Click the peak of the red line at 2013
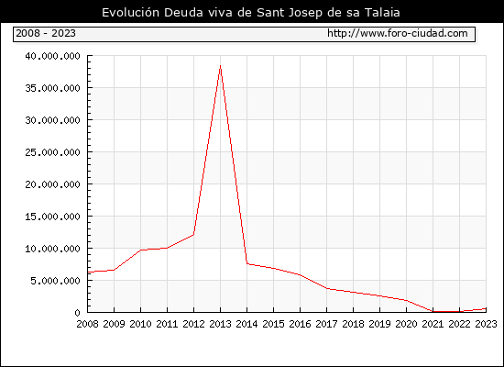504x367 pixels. [220, 66]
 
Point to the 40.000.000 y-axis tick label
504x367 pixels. [53, 56]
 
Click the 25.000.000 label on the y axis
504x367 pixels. [53, 152]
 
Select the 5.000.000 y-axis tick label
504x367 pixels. [55, 281]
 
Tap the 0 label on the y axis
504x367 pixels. [77, 313]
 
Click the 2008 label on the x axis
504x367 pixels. [87, 324]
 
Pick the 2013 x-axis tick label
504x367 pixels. [220, 324]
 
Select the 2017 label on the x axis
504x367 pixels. [326, 324]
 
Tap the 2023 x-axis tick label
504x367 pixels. [486, 324]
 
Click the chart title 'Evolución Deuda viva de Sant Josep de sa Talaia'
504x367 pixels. [251, 13]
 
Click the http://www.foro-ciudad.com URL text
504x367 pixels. [398, 33]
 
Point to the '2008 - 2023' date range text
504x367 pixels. [46, 33]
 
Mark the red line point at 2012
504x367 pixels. [193, 235]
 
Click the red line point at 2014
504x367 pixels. [247, 263]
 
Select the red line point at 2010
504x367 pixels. [140, 250]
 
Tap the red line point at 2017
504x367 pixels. [326, 288]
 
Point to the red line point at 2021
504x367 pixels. [433, 311]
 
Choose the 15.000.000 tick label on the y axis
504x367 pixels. [53, 217]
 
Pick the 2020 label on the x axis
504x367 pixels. [406, 324]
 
